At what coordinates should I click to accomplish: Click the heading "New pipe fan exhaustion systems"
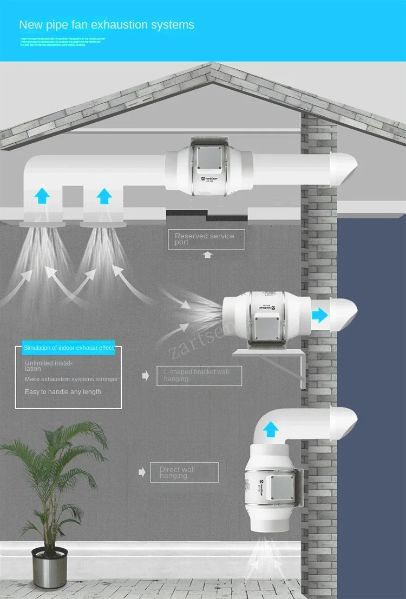tap(107, 25)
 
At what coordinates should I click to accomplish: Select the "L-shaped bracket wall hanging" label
tap(199, 375)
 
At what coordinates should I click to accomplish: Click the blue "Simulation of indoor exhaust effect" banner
tap(69, 348)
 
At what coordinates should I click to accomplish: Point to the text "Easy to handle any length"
tap(63, 391)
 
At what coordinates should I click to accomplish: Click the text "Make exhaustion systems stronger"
tap(71, 379)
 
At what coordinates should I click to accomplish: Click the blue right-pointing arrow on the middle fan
tap(320, 315)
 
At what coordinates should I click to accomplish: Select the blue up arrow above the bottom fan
tap(271, 430)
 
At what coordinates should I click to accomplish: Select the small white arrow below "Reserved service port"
tap(208, 255)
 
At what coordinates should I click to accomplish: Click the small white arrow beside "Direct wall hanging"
tap(142, 472)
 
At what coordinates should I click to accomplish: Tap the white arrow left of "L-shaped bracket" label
tap(145, 376)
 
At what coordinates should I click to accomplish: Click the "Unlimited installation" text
tap(49, 365)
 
